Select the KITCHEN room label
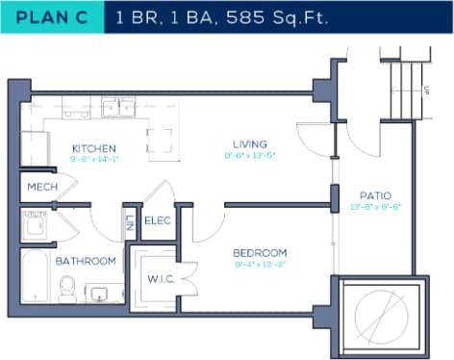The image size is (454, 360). [x=94, y=148]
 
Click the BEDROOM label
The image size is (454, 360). [x=260, y=252]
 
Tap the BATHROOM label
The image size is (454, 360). [x=85, y=261]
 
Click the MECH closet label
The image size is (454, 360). [x=40, y=187]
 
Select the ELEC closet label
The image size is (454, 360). [x=157, y=220]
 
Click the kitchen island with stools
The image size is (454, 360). [x=161, y=141]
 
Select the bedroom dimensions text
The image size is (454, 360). [x=260, y=264]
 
